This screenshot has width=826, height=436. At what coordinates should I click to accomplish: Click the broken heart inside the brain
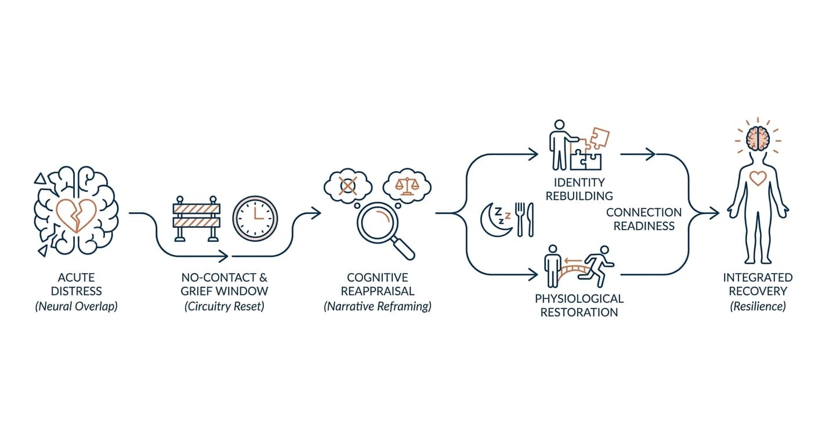[x=77, y=216]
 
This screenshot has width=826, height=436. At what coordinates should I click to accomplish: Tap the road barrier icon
[x=197, y=219]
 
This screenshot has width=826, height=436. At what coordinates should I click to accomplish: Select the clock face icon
[x=255, y=219]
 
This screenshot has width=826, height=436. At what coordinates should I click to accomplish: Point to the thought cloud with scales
[x=407, y=186]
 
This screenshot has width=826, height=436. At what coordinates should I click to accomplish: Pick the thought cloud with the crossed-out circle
[x=347, y=186]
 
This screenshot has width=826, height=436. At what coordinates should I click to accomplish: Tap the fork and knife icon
[x=524, y=219]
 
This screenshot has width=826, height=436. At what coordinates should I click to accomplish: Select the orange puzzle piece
[x=599, y=138]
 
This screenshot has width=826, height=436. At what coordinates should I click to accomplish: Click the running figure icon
[x=596, y=267]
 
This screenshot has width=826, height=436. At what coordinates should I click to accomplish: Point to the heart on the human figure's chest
[x=758, y=179]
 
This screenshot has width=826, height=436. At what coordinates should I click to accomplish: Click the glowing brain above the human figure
[x=758, y=139]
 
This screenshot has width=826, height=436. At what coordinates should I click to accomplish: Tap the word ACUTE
[x=77, y=278]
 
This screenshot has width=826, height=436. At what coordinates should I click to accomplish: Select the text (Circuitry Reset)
[x=224, y=306]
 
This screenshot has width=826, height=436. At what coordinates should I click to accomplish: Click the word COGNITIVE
[x=378, y=278]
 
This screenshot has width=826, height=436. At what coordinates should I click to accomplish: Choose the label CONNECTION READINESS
[x=644, y=219]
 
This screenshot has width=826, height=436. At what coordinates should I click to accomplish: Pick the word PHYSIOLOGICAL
[x=579, y=299]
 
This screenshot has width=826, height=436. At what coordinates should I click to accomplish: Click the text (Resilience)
[x=758, y=306]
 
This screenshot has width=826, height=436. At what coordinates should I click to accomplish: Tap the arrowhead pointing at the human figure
[x=715, y=213]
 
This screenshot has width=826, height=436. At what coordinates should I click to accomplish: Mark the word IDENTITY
[x=579, y=183]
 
